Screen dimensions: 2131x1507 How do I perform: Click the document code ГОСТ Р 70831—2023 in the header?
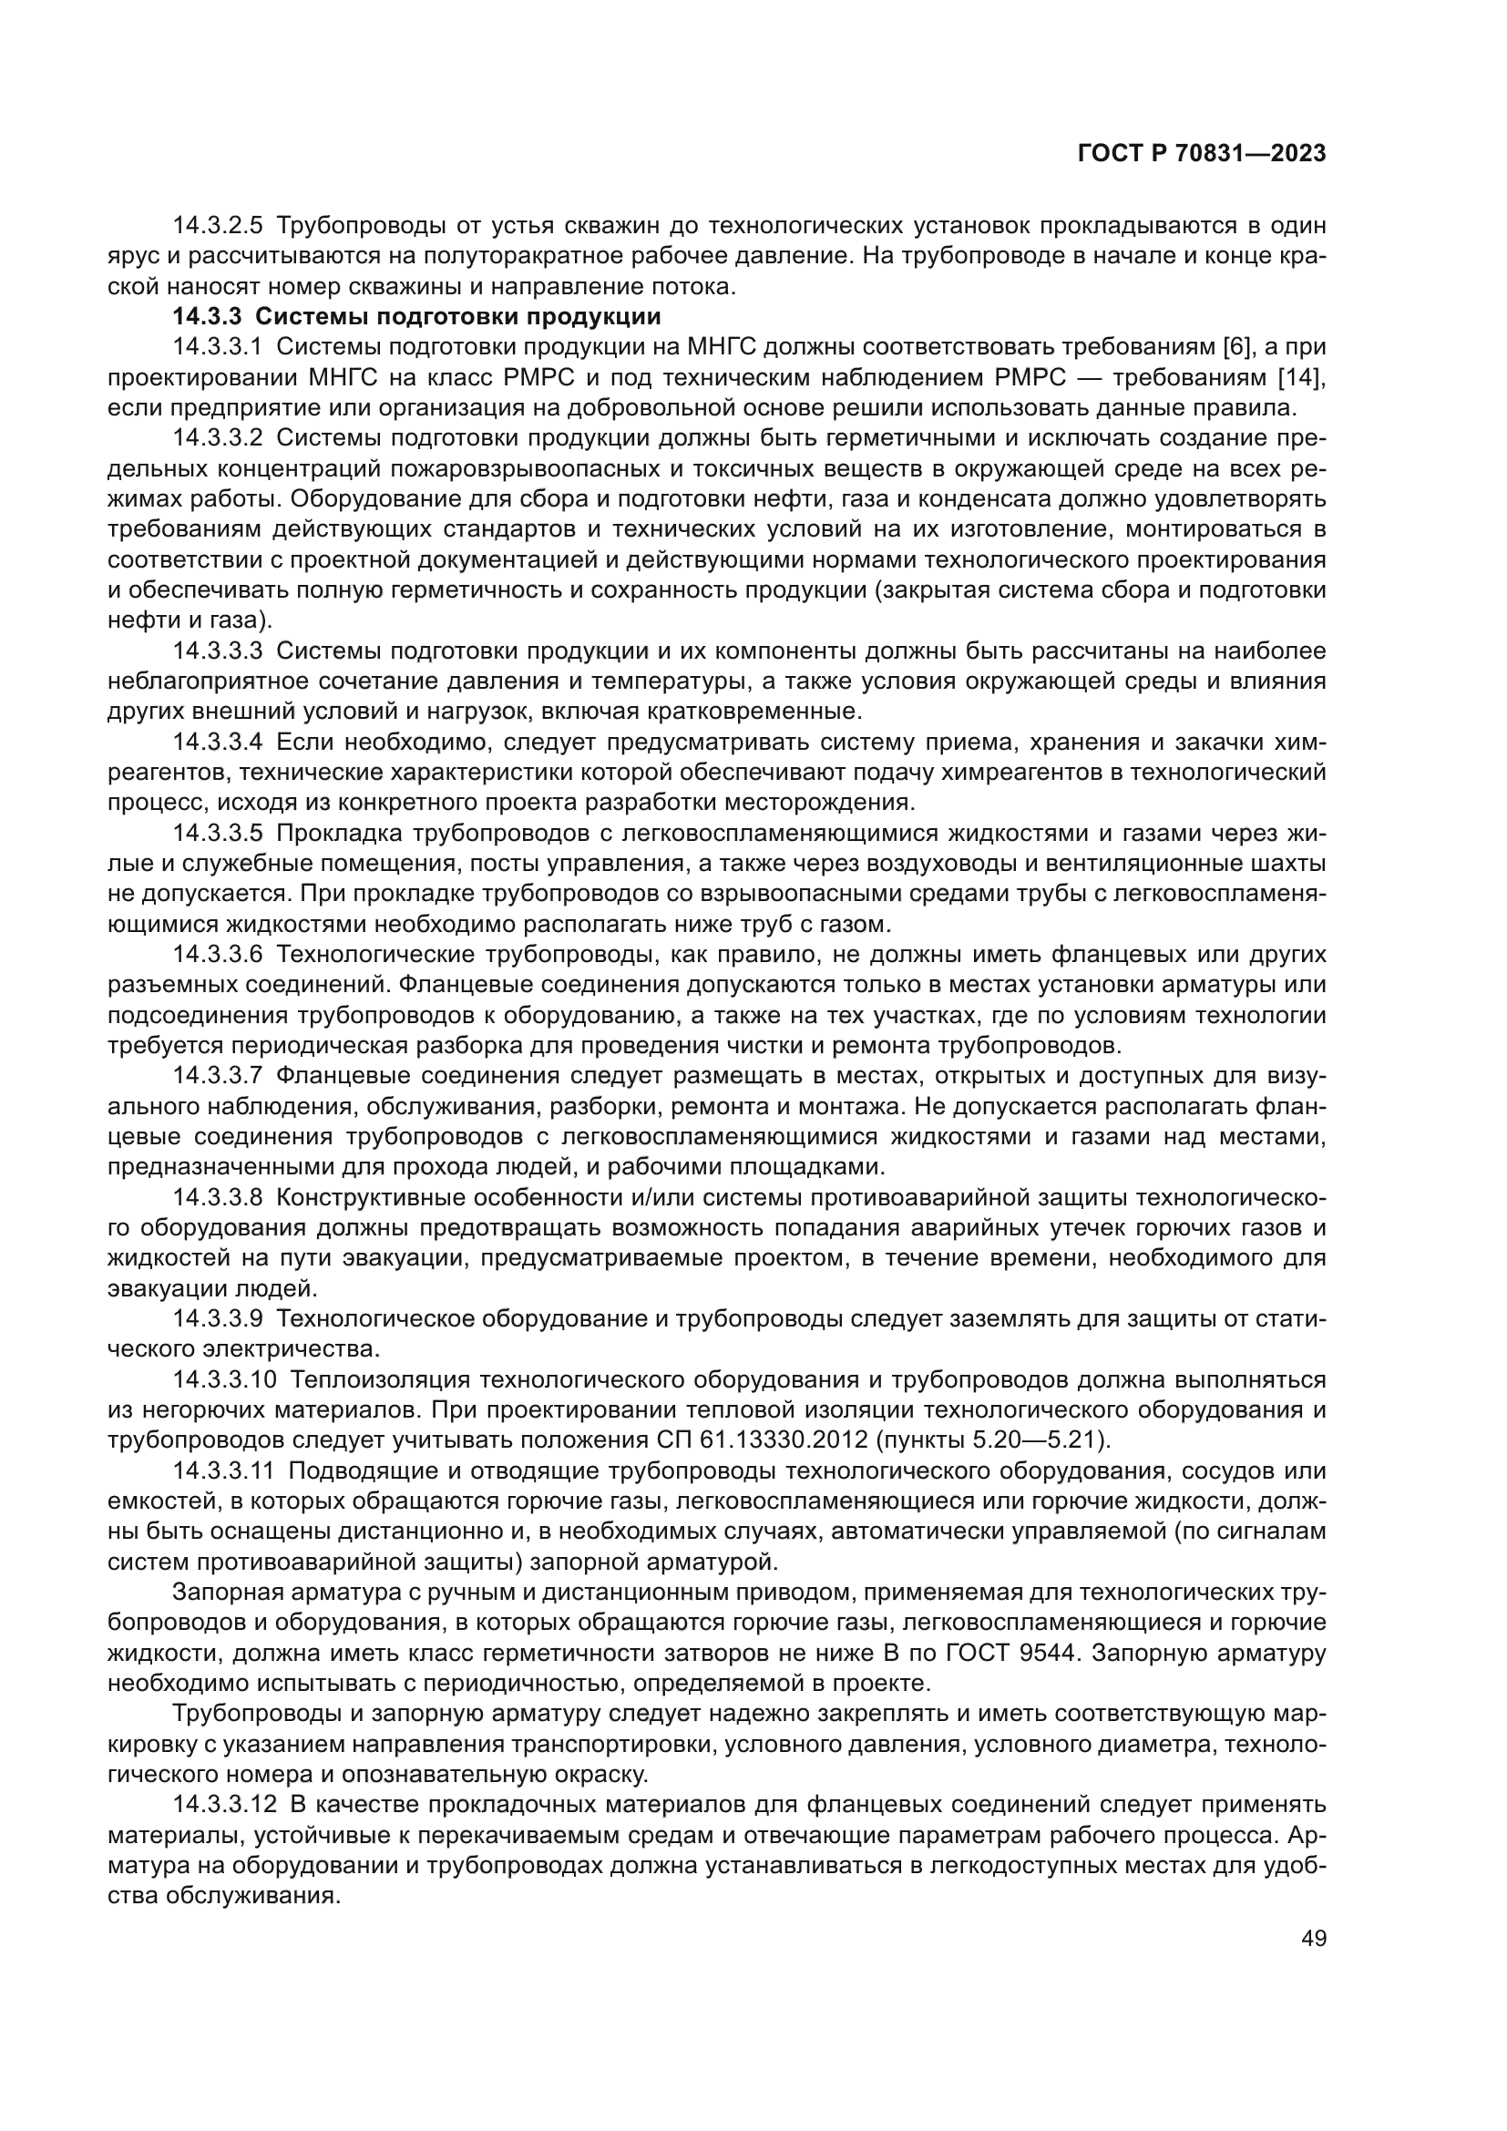click(1202, 154)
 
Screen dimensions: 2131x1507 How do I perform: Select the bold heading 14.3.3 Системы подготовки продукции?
click(416, 316)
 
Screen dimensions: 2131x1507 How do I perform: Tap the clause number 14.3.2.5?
click(218, 226)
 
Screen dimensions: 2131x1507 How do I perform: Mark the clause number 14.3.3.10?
click(224, 1379)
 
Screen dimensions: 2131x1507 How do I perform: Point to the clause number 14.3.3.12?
click(224, 1804)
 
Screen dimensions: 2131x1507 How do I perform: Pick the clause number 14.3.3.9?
click(218, 1319)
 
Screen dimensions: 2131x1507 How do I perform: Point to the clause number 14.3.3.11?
click(223, 1470)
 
